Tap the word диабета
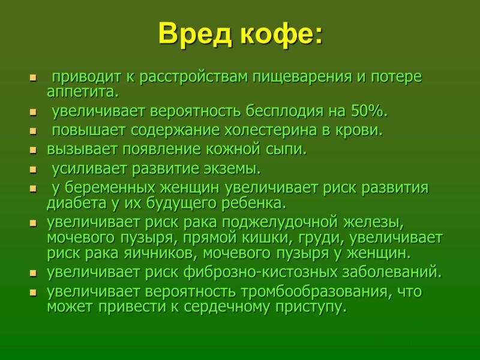click(77, 204)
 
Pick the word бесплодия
click(284, 112)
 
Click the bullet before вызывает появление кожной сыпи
click(33, 151)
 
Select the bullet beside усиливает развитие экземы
click(33, 170)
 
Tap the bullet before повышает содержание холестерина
click(33, 131)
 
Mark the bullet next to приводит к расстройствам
click(33, 78)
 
